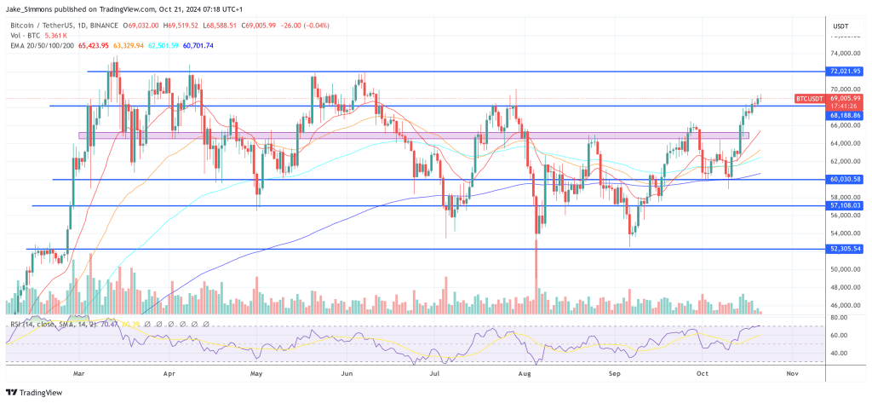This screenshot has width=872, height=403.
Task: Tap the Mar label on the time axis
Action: tap(79, 372)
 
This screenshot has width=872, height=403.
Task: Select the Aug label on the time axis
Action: tap(528, 372)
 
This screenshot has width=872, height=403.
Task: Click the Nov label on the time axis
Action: tap(792, 372)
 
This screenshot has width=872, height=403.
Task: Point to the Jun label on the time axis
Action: tap(347, 372)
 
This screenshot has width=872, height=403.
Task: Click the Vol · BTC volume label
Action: tap(25, 36)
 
